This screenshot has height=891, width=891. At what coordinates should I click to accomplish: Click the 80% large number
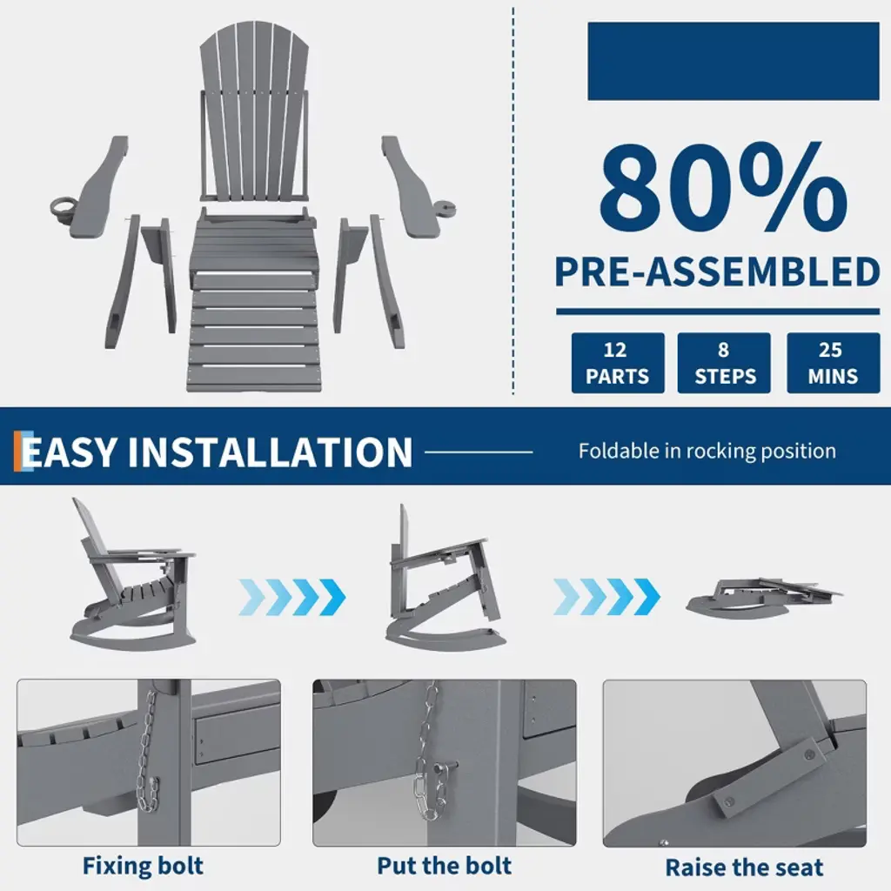723,188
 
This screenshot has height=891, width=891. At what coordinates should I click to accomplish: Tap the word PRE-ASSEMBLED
717,272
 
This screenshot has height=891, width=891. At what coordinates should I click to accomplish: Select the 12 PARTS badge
618,363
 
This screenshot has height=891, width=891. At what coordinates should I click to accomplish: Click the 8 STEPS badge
724,363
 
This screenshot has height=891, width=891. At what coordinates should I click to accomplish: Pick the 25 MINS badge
833,363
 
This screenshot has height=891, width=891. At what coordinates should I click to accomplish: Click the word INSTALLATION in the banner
270,452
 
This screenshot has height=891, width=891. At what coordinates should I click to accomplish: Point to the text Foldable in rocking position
707,452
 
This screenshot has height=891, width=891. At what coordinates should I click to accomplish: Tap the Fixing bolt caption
143,866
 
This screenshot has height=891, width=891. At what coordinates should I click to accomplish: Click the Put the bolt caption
444,866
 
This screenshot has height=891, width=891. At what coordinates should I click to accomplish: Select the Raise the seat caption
744,868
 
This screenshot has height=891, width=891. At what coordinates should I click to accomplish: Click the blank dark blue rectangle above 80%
733,62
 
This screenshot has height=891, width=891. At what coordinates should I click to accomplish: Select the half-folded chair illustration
445,579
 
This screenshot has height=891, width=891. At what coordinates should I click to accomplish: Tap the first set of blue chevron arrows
292,597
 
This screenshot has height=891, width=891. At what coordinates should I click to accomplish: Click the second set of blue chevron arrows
606,597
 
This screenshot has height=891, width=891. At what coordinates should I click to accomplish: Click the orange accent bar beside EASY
17,452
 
